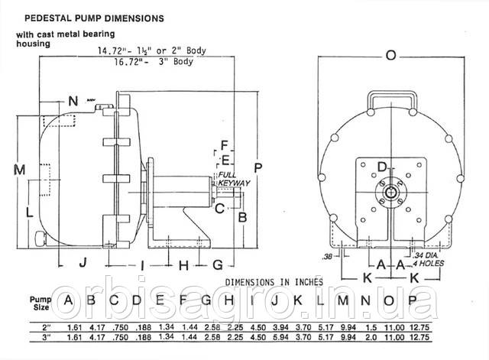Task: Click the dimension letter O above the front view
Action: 392,55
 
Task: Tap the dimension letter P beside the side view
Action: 260,167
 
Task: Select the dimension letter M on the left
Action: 21,168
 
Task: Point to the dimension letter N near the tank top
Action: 73,101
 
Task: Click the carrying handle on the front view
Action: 391,99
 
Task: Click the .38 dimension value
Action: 328,255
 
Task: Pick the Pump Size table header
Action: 39,303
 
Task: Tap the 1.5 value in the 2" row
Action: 369,326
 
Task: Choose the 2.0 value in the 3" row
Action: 369,336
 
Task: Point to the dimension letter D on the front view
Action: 383,166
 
